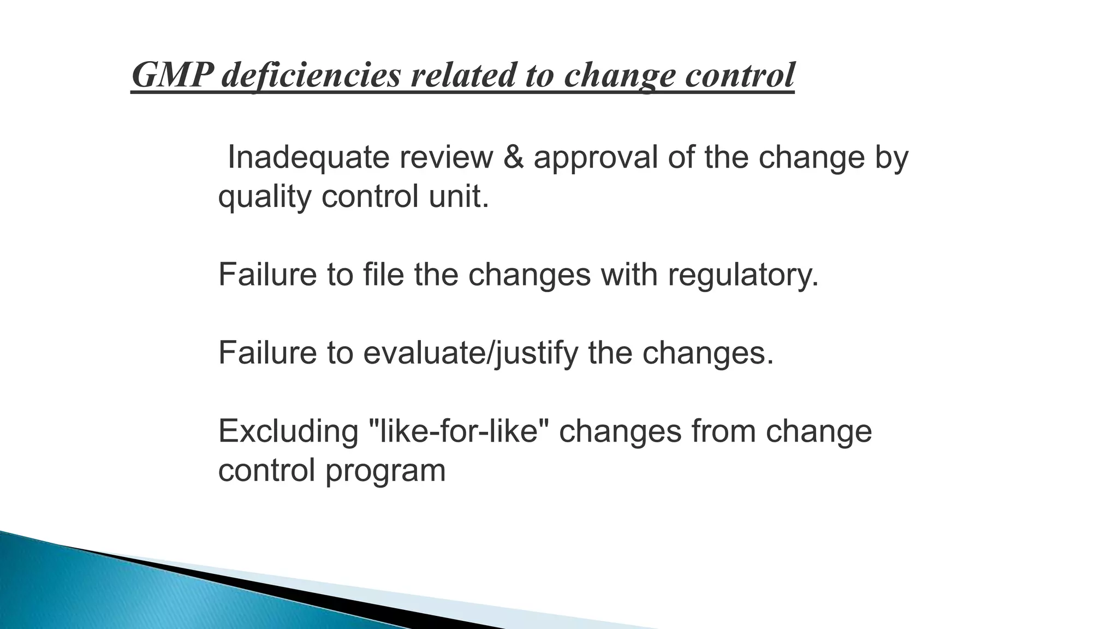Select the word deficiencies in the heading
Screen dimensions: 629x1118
point(311,75)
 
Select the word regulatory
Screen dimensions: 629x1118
point(743,274)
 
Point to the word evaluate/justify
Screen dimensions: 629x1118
point(470,353)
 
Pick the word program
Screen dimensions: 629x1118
point(385,471)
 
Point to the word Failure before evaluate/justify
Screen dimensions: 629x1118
point(267,353)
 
